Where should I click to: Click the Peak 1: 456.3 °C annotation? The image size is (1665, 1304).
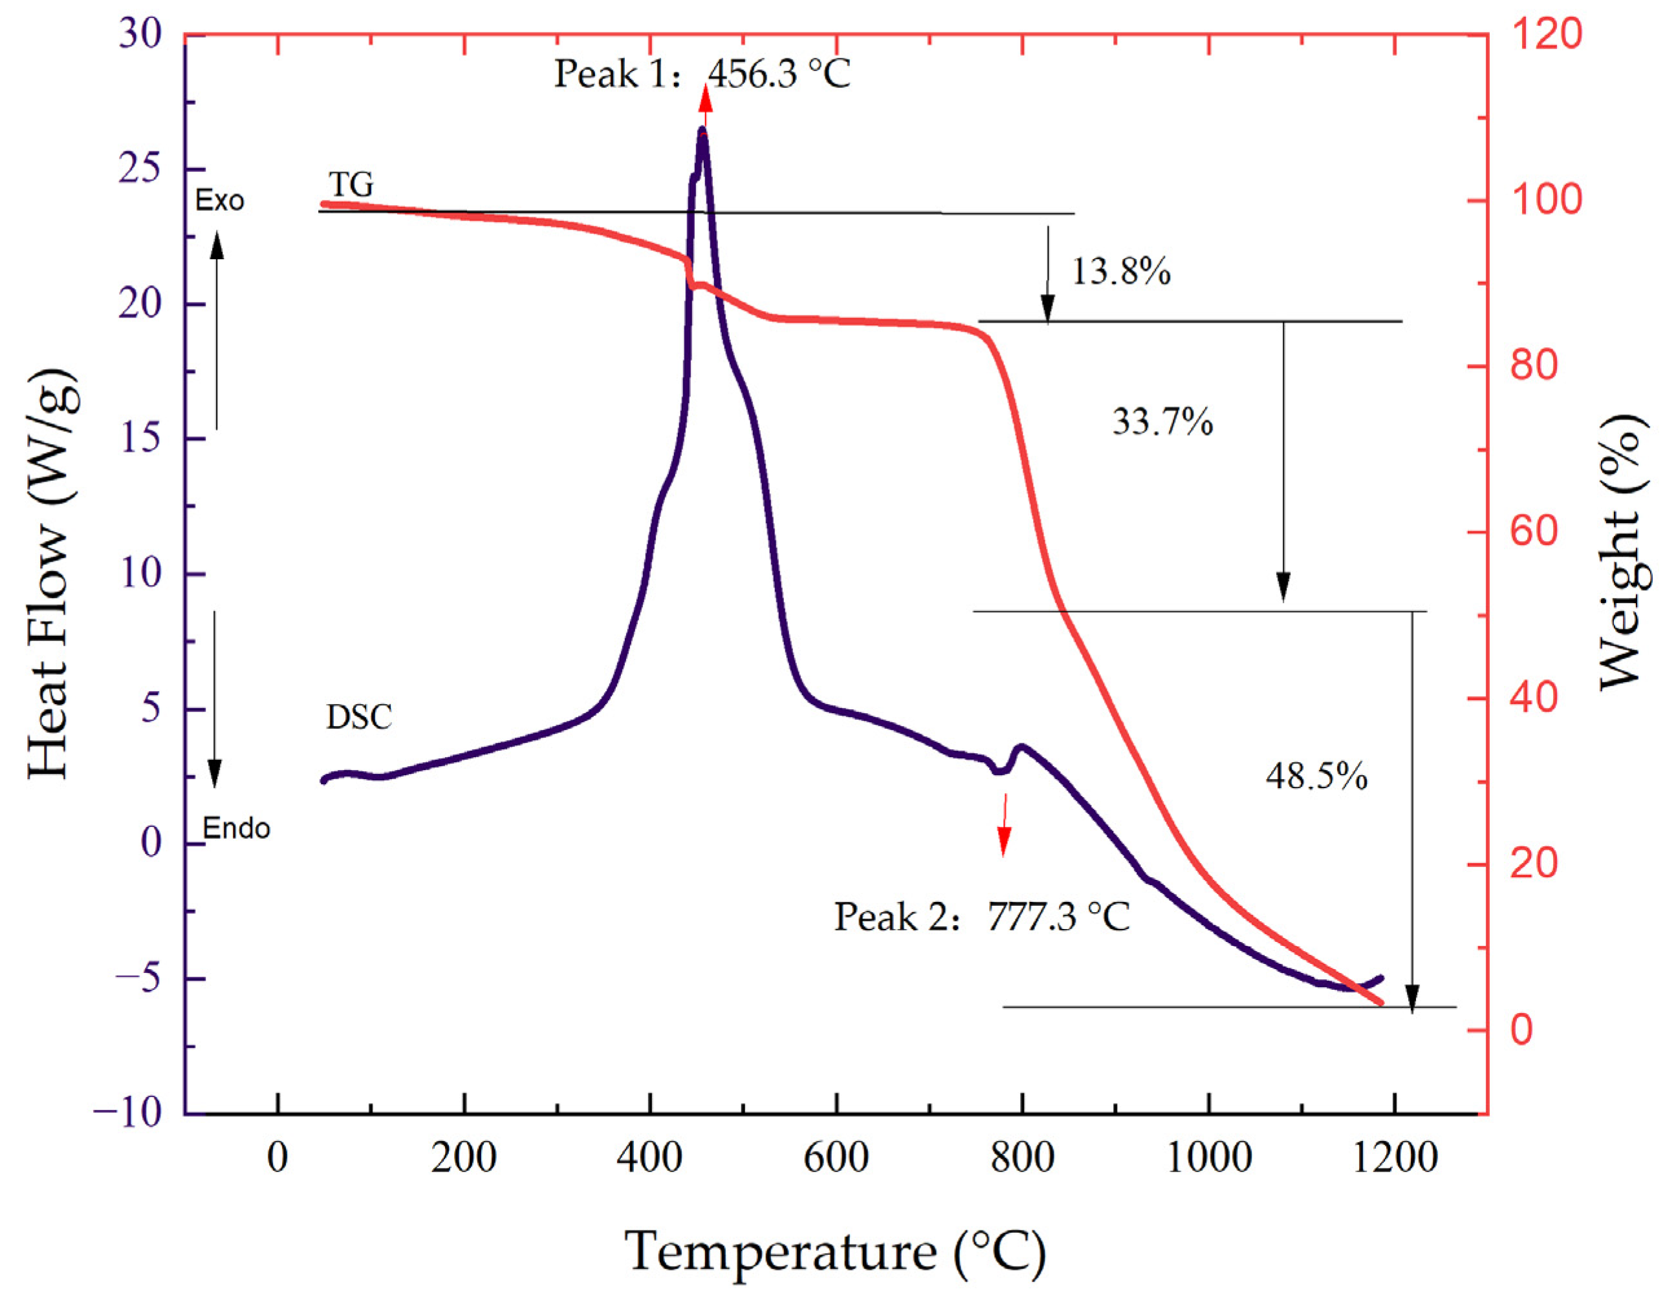pyautogui.click(x=701, y=75)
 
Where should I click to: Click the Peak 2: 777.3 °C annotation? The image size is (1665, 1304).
pyautogui.click(x=981, y=917)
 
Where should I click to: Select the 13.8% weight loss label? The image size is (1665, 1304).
pyautogui.click(x=1120, y=272)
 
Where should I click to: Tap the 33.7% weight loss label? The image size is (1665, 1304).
pyautogui.click(x=1162, y=422)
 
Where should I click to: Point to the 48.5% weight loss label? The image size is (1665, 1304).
pyautogui.click(x=1316, y=776)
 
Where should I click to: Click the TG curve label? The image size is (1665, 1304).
pyautogui.click(x=351, y=185)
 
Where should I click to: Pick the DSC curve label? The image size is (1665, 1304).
pyautogui.click(x=358, y=717)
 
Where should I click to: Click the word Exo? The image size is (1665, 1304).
pyautogui.click(x=219, y=201)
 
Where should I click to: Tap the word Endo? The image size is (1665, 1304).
pyautogui.click(x=236, y=829)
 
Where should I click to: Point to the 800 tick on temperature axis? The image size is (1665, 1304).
pyautogui.click(x=1022, y=1157)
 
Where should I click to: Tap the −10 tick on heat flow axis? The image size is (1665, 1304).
pyautogui.click(x=127, y=1113)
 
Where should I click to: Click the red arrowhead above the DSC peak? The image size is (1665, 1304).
pyautogui.click(x=706, y=100)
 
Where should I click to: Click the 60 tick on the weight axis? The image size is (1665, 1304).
pyautogui.click(x=1534, y=531)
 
